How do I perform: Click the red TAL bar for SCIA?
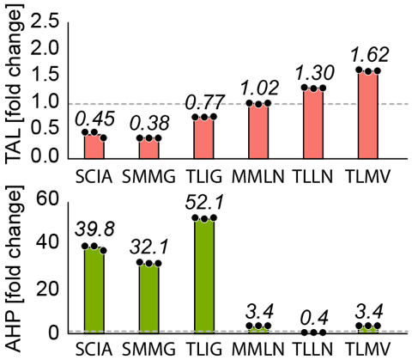[x=94, y=146]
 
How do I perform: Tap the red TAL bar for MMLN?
[x=258, y=131]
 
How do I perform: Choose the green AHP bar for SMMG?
[x=149, y=297]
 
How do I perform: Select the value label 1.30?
[x=313, y=74]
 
